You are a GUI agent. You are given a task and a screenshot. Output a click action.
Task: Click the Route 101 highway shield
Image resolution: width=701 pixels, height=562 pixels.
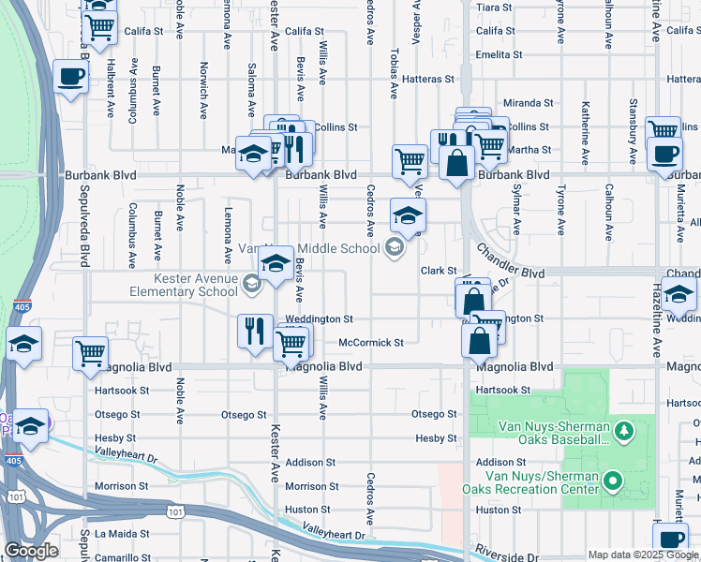175,511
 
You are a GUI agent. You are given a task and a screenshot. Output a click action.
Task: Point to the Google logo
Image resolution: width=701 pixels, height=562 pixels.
31,551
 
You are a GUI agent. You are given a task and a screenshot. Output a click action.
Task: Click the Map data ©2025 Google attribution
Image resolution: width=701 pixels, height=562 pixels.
641,555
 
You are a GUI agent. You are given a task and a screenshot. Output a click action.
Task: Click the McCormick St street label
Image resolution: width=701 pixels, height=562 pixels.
370,343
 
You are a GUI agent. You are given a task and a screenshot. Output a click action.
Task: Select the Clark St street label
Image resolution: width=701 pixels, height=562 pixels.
438,271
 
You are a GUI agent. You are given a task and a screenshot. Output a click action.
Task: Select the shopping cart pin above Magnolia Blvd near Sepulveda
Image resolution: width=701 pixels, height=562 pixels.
90,353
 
